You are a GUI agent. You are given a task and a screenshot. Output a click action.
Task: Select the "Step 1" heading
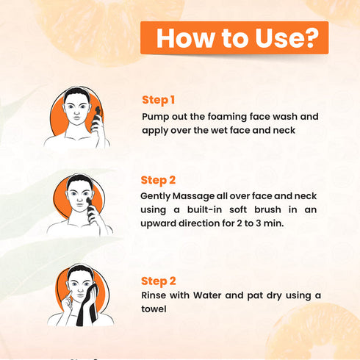[x=158, y=99]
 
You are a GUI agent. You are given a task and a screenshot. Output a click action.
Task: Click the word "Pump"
[x=156, y=116]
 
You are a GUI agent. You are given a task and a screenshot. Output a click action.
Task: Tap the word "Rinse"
[x=154, y=295]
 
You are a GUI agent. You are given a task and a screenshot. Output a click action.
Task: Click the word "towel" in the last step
[x=154, y=309]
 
